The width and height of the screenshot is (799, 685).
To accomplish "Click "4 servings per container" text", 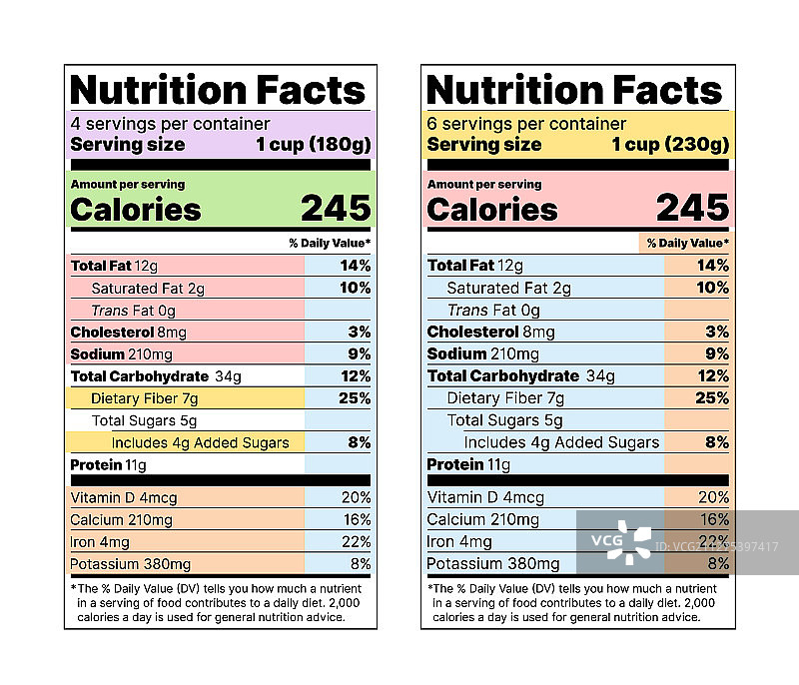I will point(170,124).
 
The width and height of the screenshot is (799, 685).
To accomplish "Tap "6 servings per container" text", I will point(526,124).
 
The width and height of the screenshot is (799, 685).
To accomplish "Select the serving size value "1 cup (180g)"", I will point(313,144).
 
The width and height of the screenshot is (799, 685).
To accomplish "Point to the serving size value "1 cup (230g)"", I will point(670,144).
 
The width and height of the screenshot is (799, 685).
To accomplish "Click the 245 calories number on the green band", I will point(336,208).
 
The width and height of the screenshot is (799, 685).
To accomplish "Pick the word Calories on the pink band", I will point(492,210).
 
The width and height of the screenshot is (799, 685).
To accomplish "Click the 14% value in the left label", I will point(355,266).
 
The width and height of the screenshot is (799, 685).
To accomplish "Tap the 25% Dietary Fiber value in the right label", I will point(712,398).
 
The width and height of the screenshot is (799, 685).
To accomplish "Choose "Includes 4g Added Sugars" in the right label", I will point(561,442).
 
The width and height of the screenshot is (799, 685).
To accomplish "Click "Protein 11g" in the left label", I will point(108,465).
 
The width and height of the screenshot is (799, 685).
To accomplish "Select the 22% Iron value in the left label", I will point(356,541).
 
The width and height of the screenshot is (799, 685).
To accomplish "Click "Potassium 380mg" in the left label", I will point(131,563).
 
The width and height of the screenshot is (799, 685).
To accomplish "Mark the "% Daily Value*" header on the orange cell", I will point(687,243).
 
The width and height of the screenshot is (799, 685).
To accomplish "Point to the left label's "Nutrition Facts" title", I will point(219,90).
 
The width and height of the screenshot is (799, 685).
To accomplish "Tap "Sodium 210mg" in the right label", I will point(483,354).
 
